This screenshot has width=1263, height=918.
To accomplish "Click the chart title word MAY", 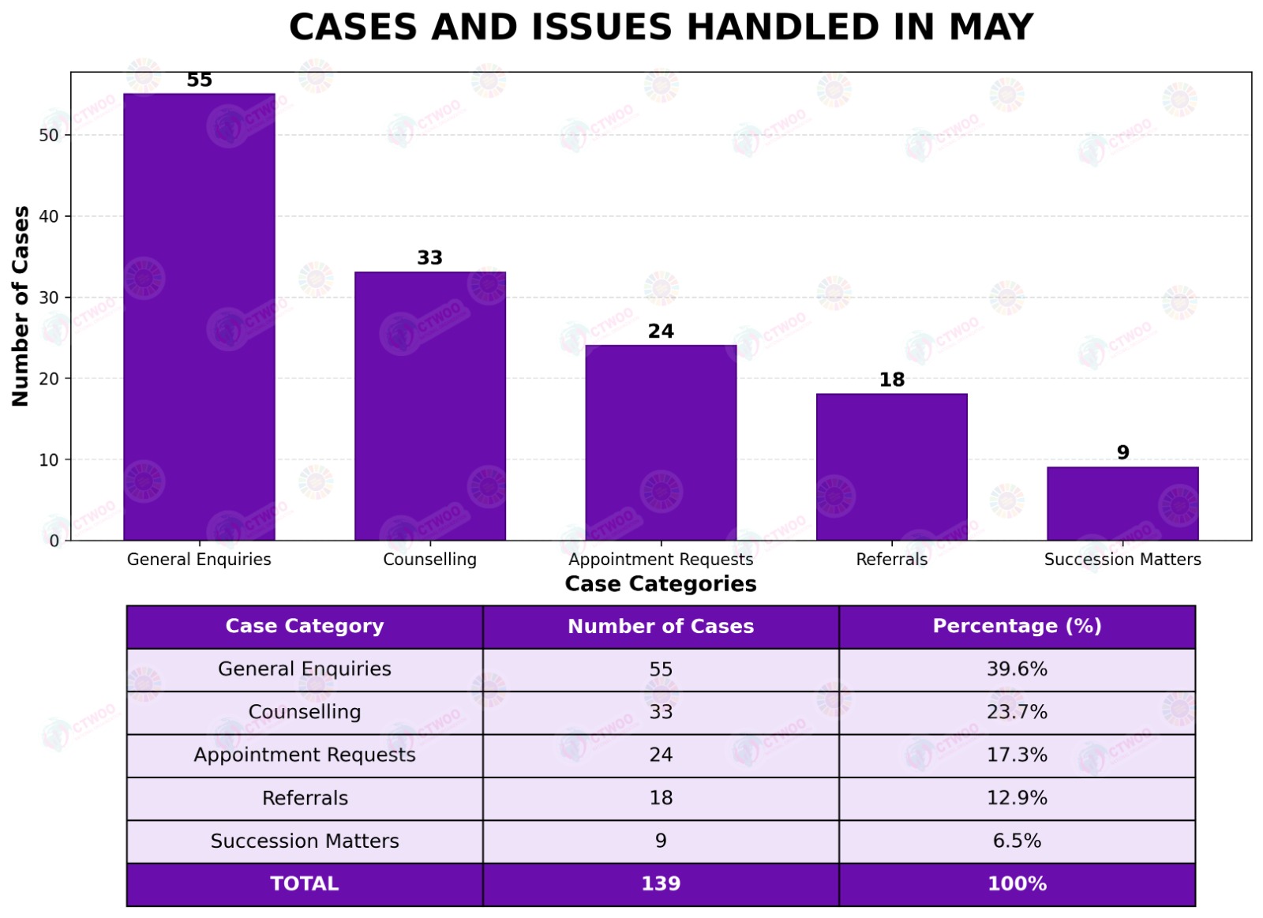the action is pos(991,27).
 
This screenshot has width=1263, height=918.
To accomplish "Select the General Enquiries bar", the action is pos(199,317).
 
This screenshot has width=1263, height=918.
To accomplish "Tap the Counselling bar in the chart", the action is pos(430,406).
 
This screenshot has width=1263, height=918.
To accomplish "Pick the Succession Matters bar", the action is pos(1122,504).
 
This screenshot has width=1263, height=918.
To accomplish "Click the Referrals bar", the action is pos(892,467).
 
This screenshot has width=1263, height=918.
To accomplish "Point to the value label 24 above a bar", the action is pos(661,331).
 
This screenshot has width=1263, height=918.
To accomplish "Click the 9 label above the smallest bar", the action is pos(1122,452).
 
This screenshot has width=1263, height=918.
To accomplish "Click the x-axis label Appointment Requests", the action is pos(661,560).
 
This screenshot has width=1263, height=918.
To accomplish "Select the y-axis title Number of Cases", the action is pos(21,305).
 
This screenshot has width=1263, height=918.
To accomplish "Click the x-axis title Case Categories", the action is pos(661,583).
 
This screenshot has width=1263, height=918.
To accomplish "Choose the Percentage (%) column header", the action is pos(1018,626).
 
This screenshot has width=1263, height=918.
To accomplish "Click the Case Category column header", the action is pos(305,626).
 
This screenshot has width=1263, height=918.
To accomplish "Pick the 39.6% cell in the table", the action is pos(1018,669).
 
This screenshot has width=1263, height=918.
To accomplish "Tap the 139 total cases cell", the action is pos(661,883).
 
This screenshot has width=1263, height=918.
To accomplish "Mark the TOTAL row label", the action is pos(305,883).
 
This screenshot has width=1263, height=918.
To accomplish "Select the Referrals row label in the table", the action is pos(305,799).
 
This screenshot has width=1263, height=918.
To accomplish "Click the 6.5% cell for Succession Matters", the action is pos(1018,841).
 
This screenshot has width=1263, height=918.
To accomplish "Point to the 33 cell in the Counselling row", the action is pos(661,712).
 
